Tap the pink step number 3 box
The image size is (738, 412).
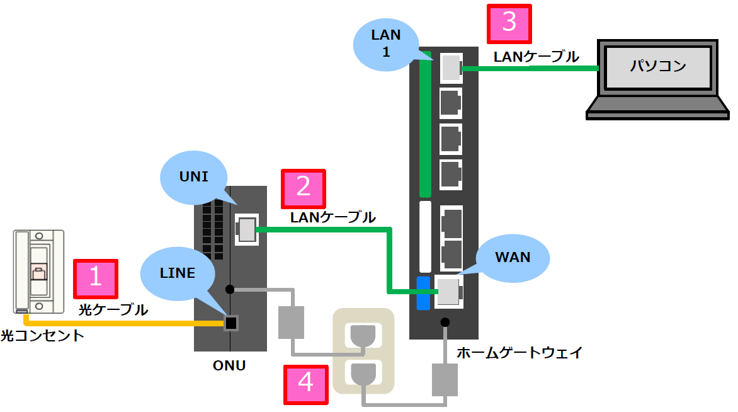(509, 25)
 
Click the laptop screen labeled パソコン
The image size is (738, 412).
(658, 66)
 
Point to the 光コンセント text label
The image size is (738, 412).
(42, 335)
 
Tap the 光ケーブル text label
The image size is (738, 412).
(113, 310)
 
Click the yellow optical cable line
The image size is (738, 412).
(126, 324)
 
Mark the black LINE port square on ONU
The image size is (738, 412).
(231, 323)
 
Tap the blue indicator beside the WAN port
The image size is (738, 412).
(423, 293)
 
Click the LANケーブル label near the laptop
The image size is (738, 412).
(536, 57)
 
